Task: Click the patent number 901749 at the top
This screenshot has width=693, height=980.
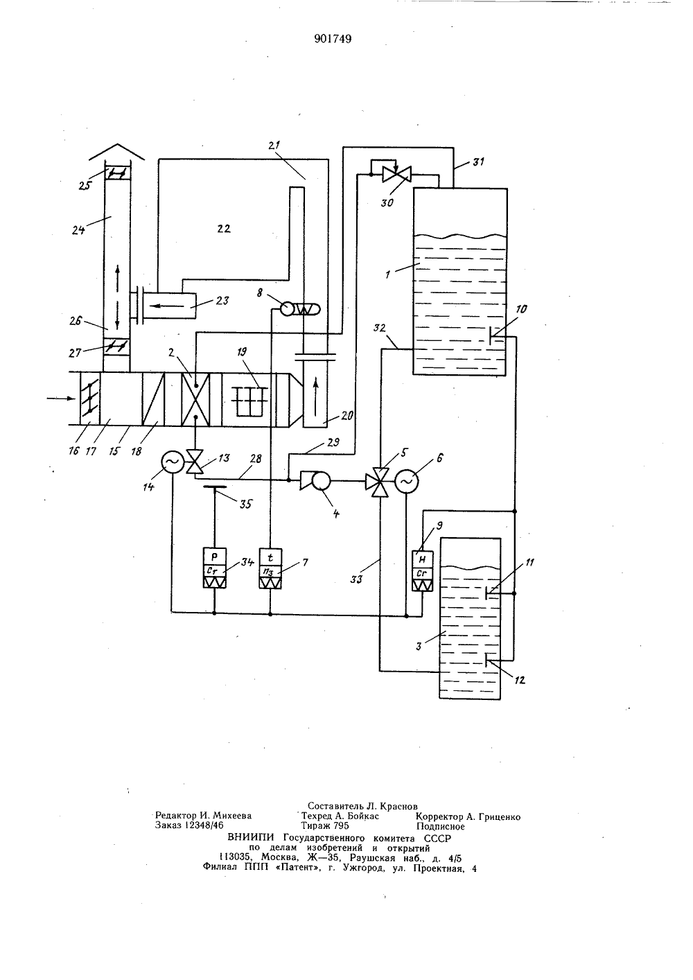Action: point(333,39)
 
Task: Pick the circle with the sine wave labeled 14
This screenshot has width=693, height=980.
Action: point(173,462)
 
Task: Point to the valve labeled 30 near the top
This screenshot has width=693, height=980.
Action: point(396,175)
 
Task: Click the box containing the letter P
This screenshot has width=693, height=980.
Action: point(214,557)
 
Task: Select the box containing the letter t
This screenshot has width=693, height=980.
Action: point(270,557)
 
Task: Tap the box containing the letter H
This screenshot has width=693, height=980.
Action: point(423,559)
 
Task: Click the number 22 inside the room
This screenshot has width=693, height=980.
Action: point(224,229)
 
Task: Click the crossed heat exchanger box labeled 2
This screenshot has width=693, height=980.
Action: point(195,399)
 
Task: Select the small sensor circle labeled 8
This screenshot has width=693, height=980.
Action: point(287,309)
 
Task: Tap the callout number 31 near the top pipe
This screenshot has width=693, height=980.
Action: point(478,162)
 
